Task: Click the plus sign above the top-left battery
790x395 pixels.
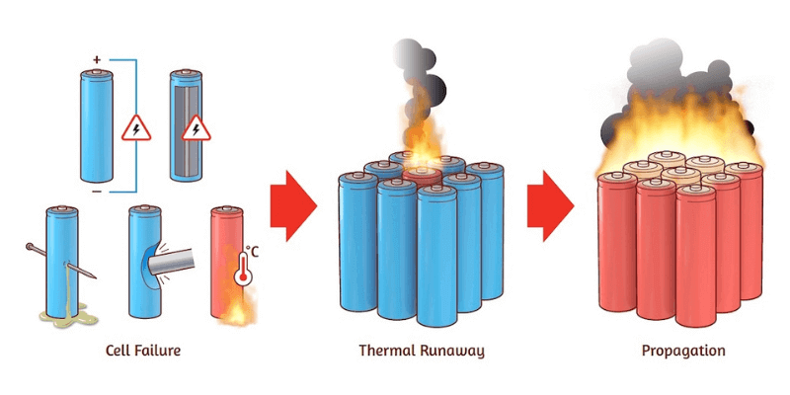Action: tap(97, 60)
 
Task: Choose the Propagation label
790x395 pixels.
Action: tap(683, 351)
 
